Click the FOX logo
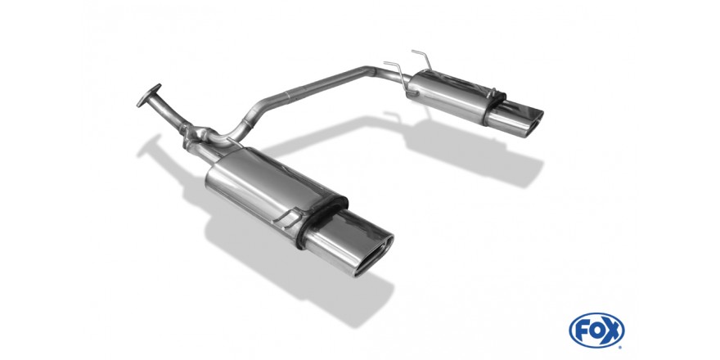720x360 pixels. tap(596, 331)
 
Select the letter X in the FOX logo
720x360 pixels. tap(611, 331)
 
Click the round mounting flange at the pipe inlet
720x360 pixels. tap(149, 96)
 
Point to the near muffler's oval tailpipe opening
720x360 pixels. tap(374, 256)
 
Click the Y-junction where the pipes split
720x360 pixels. tap(202, 136)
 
